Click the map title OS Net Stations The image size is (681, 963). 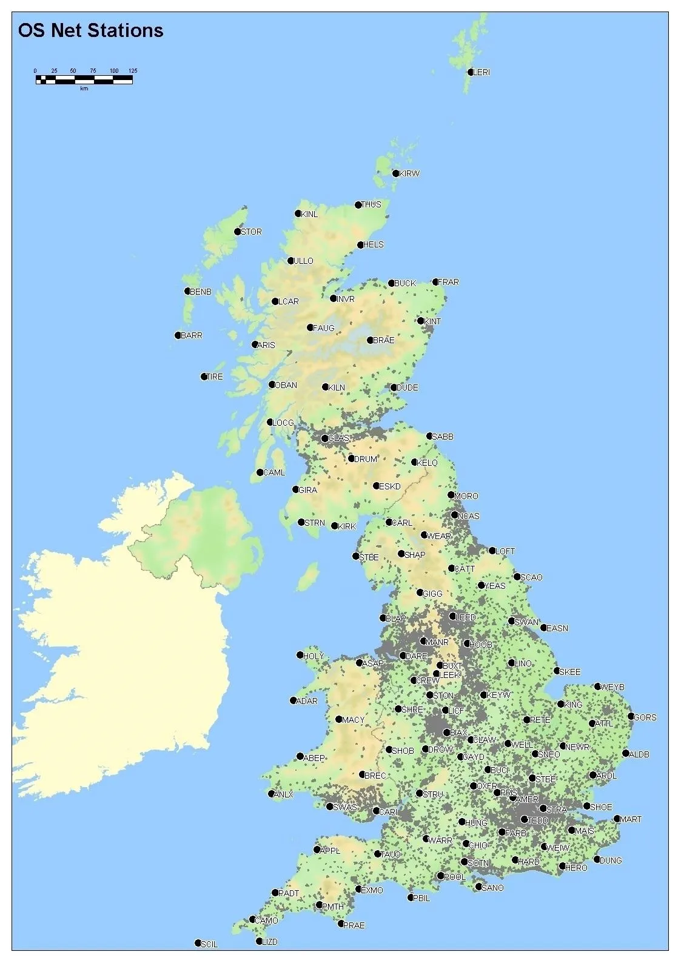pos(90,31)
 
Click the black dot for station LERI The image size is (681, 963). pos(471,72)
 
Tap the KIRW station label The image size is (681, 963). pos(410,173)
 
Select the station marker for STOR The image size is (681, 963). pos(237,232)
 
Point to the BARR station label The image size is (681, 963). pos(192,335)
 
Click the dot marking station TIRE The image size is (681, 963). pos(204,377)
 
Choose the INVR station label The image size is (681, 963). pos(346,299)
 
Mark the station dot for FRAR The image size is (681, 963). pos(435,282)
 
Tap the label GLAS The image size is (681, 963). pos(338,438)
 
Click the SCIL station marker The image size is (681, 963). pos(198,943)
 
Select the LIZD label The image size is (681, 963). pos(270,942)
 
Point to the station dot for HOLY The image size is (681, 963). pos(300,655)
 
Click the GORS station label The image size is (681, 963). pos(645,717)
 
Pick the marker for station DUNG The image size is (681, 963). pos(597,859)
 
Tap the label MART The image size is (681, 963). pos(631,819)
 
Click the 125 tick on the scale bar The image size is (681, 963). pos(133,71)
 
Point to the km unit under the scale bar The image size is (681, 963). pos(84,89)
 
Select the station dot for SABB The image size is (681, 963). pos(429,436)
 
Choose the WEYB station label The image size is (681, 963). pos(612,687)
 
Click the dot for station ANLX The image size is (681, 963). pos(272,794)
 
